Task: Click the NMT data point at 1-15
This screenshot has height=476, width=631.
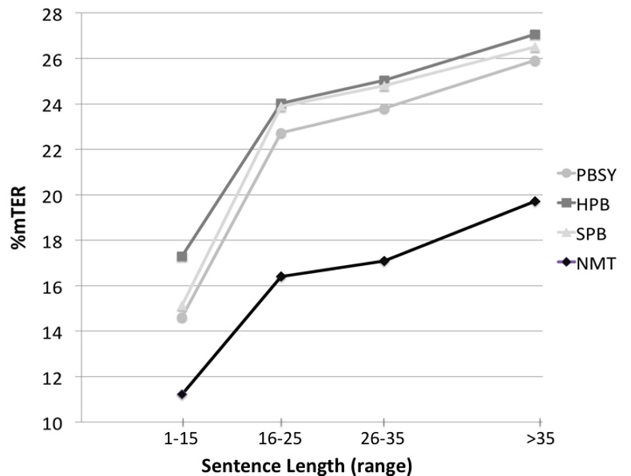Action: [182, 395]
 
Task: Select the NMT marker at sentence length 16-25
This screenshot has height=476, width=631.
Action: [281, 276]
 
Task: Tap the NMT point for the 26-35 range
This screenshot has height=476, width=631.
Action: [384, 261]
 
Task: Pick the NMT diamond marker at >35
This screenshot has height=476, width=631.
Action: [535, 201]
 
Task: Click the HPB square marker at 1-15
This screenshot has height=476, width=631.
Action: [182, 257]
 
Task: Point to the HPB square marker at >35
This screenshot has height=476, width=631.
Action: [535, 35]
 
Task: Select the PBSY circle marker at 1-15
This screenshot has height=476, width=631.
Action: [182, 318]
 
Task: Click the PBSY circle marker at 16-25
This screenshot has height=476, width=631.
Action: [281, 133]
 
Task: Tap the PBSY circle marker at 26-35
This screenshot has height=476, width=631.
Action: [384, 109]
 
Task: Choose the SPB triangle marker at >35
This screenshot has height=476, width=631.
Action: [535, 48]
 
